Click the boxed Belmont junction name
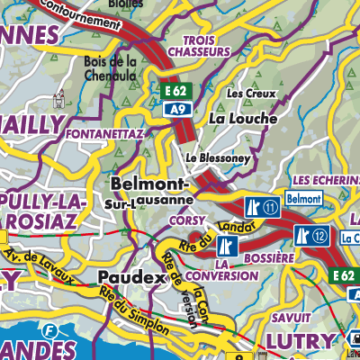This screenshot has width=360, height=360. coord(303,197)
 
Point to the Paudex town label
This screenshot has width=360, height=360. coord(130,278)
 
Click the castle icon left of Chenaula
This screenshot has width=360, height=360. coord(61,97)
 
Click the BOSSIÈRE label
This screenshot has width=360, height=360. coord(268,258)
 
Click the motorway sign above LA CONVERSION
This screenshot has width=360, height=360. coord(236,244)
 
